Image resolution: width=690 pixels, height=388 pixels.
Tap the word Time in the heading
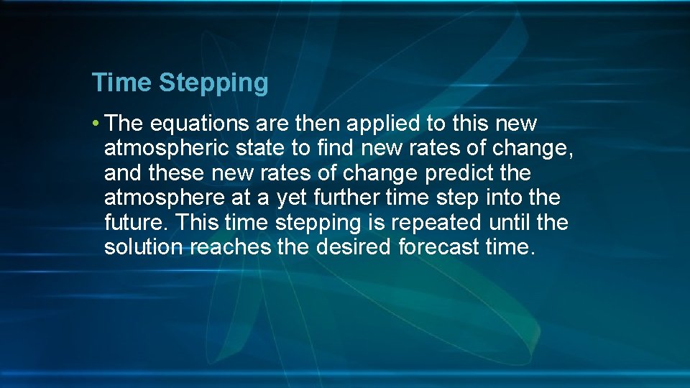121,83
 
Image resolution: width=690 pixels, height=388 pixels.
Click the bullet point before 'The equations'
96,124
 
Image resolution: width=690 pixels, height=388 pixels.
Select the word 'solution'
144,248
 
